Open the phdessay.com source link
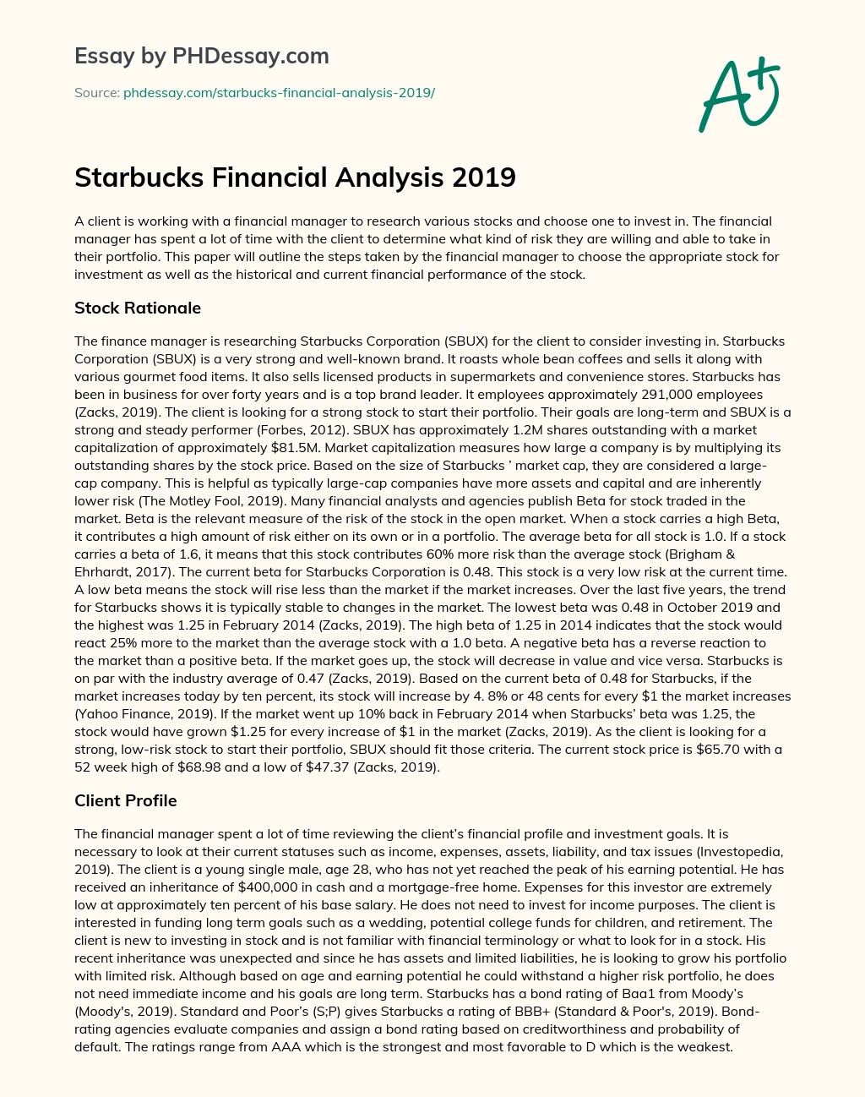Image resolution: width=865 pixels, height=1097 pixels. click(x=279, y=92)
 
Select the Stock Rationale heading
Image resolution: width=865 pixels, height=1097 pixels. click(x=138, y=308)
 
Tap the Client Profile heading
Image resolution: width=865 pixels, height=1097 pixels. click(x=126, y=800)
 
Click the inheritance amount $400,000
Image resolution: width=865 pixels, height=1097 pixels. click(x=268, y=887)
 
